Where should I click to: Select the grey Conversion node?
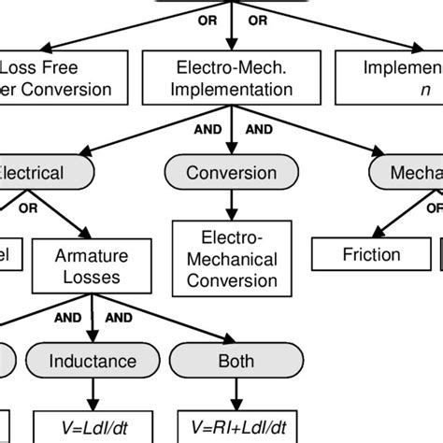(x=232, y=173)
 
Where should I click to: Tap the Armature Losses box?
(x=91, y=265)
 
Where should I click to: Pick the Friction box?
(x=370, y=254)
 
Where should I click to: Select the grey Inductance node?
(x=91, y=361)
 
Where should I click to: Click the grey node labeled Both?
(x=222, y=361)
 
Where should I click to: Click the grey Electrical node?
(x=37, y=173)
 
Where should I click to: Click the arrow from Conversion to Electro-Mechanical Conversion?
(x=232, y=206)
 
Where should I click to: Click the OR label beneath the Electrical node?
(x=28, y=209)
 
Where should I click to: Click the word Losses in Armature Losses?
(x=91, y=277)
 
